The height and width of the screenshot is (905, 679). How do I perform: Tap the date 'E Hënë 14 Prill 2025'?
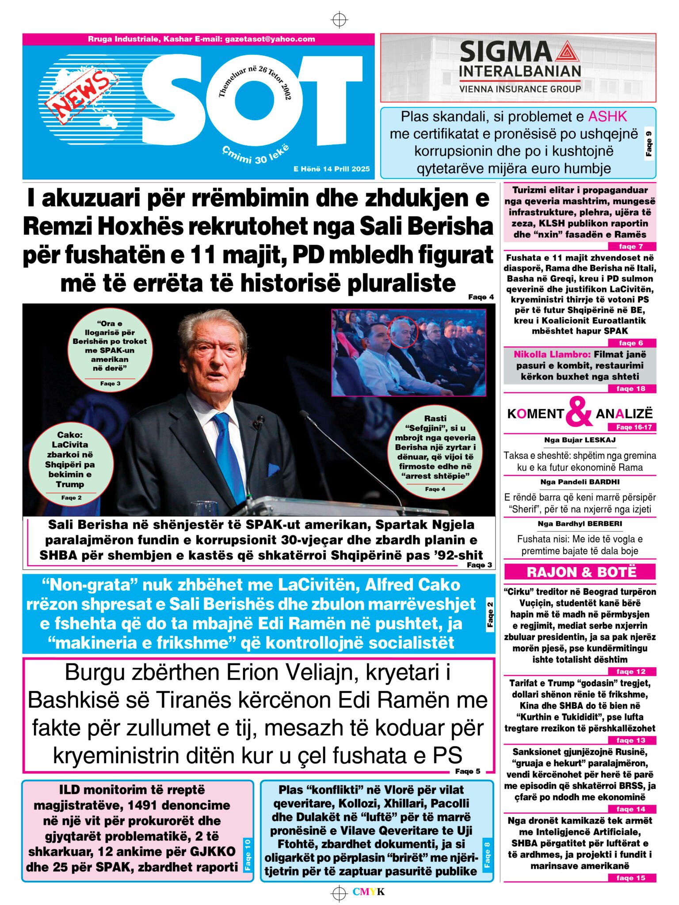pyautogui.click(x=331, y=169)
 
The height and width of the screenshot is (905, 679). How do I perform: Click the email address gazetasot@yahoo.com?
pyautogui.click(x=270, y=39)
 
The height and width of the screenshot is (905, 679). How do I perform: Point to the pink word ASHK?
pyautogui.click(x=607, y=117)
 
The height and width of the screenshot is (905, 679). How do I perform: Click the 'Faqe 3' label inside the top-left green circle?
pyautogui.click(x=110, y=384)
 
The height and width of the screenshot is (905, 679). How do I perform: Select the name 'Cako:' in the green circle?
pyautogui.click(x=70, y=435)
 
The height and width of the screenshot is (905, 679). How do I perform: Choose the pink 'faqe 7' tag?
pyautogui.click(x=631, y=247)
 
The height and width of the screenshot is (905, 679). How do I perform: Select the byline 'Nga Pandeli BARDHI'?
pyautogui.click(x=580, y=482)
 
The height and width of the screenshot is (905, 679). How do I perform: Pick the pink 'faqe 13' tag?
pyautogui.click(x=631, y=740)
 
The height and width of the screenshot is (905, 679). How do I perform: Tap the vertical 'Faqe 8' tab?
pyautogui.click(x=487, y=853)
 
